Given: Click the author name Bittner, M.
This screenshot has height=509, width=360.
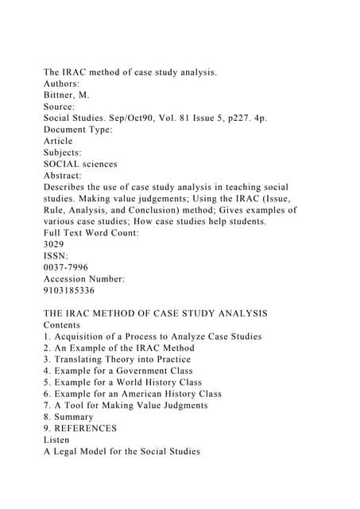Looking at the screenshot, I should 71,95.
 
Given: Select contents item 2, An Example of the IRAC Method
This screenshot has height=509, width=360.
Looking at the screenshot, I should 119,348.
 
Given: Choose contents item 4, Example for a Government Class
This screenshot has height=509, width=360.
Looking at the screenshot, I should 118,371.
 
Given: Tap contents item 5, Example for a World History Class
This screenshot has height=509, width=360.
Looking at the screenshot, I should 123,383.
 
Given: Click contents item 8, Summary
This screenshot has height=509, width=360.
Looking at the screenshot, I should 68,417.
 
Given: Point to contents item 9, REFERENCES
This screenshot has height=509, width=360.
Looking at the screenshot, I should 80,428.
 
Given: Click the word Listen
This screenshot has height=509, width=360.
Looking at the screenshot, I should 56,440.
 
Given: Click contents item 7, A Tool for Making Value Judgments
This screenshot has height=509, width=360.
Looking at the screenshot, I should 126,405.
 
